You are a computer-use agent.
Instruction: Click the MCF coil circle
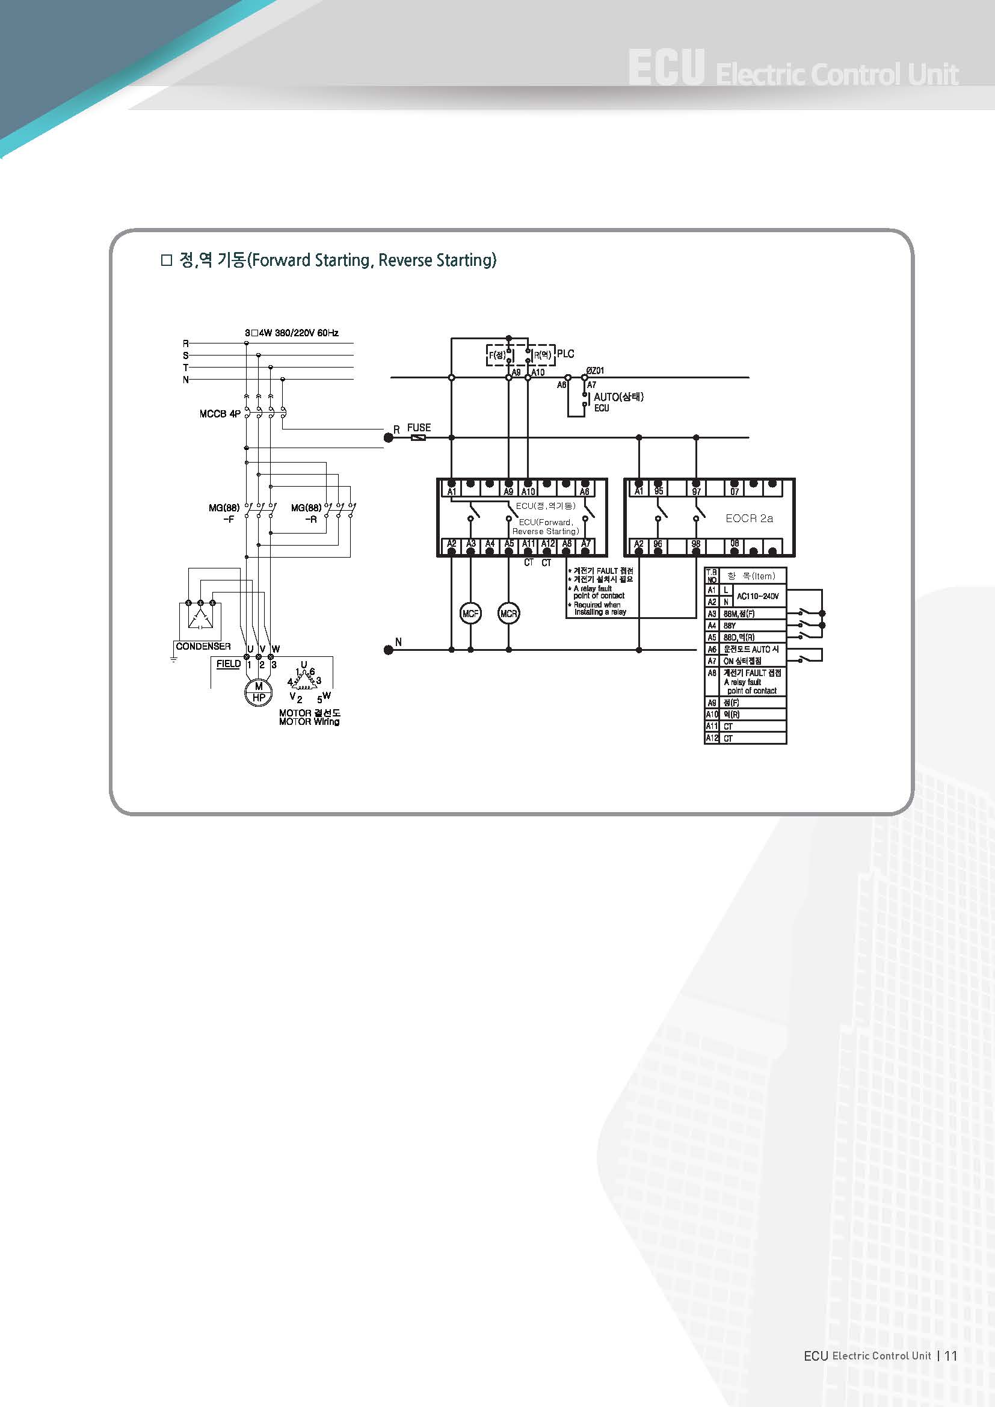tap(470, 614)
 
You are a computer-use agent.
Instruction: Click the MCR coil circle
tap(508, 614)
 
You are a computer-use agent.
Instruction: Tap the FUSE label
tap(419, 428)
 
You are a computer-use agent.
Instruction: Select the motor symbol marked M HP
tap(259, 692)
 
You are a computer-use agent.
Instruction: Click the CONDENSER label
tap(203, 647)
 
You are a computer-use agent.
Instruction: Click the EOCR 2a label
tap(749, 519)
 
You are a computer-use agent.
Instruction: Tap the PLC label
tap(565, 354)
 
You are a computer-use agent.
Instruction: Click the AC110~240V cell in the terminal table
tap(758, 596)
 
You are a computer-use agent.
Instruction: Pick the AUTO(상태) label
tap(618, 397)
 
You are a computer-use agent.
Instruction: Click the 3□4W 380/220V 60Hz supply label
tap(292, 333)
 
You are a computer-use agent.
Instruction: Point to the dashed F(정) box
tap(498, 355)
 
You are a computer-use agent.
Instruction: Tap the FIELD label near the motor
tap(229, 663)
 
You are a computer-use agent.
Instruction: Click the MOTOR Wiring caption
tap(309, 722)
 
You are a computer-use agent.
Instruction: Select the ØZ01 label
tap(595, 371)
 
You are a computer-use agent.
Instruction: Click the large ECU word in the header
tap(666, 69)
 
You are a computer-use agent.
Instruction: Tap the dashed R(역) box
tap(541, 355)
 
